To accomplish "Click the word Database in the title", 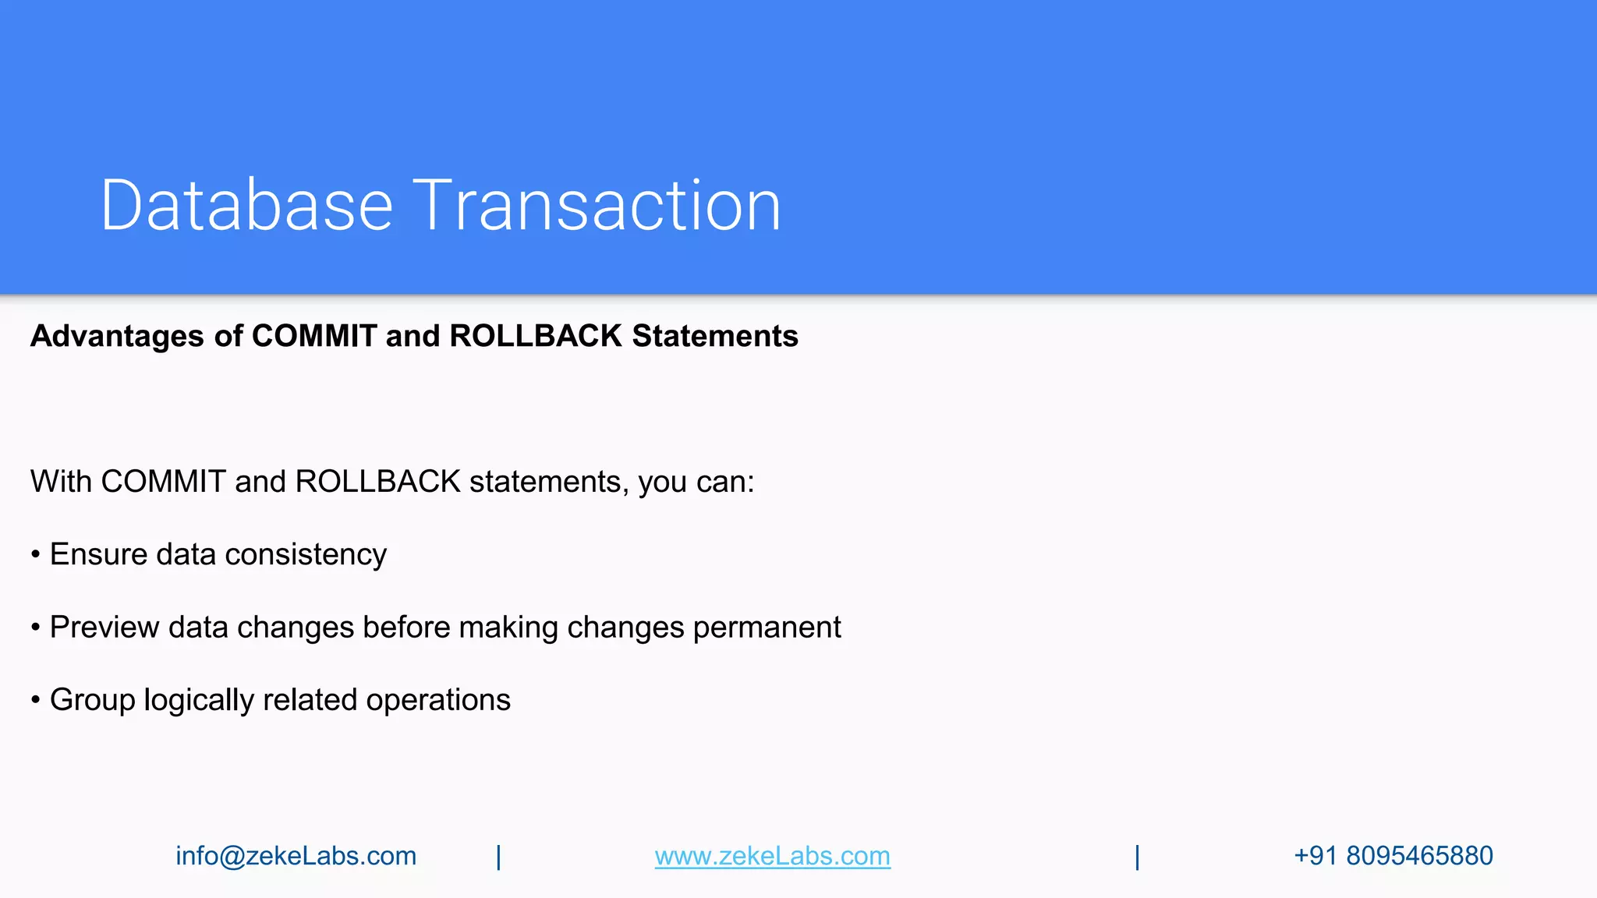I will (246, 205).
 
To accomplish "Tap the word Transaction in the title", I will (597, 205).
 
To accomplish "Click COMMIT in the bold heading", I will (314, 336).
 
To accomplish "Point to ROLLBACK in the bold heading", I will (536, 336).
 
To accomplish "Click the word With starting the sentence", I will (61, 482).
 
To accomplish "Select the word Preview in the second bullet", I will (104, 628).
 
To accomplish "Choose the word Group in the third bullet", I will (92, 700).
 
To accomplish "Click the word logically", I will (199, 700).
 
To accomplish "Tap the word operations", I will (438, 700).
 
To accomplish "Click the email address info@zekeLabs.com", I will (296, 856).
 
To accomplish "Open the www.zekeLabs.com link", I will (772, 856).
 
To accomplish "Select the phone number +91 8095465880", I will (1393, 856).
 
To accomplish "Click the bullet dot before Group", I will (36, 700).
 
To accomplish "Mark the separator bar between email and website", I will (499, 857).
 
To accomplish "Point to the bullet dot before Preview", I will (36, 628).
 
